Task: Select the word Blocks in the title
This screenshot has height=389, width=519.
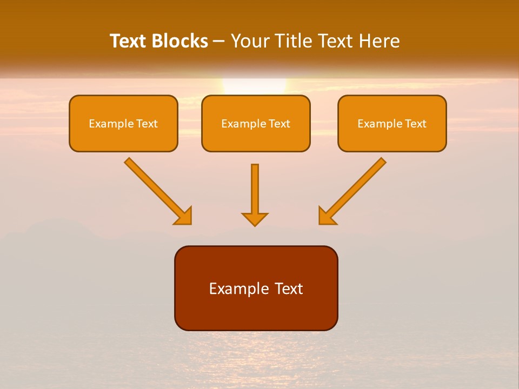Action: tap(179, 41)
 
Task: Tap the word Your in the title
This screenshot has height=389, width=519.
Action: tap(251, 41)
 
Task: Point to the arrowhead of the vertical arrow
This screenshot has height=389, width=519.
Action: tap(255, 219)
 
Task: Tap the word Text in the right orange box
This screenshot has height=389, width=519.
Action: tap(415, 124)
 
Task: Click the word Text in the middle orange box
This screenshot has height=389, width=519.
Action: tap(279, 124)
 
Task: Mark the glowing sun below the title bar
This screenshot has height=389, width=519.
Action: tap(254, 86)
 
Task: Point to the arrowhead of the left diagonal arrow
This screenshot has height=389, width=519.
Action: tap(184, 216)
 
